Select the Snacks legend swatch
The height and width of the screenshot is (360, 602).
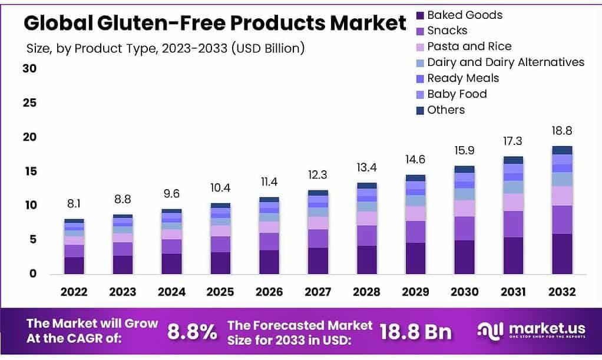click(420, 31)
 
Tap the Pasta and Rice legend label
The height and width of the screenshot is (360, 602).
click(469, 47)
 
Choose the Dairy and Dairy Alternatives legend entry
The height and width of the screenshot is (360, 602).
click(505, 62)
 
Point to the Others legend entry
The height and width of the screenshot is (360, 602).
click(445, 110)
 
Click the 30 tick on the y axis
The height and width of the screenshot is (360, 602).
click(29, 68)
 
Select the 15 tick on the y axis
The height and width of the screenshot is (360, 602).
click(29, 171)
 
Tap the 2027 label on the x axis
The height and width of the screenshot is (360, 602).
click(318, 292)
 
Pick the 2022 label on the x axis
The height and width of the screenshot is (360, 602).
click(74, 292)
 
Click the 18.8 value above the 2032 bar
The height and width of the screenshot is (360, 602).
click(562, 131)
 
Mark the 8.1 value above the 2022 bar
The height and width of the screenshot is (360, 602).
click(74, 204)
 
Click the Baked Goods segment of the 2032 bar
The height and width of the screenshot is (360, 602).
click(562, 254)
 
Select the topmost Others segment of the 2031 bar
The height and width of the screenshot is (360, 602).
click(513, 160)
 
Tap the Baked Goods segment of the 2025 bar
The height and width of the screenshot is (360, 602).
click(220, 263)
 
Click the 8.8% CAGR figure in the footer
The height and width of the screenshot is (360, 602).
click(192, 332)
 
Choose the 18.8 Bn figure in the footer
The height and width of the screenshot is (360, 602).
click(416, 332)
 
